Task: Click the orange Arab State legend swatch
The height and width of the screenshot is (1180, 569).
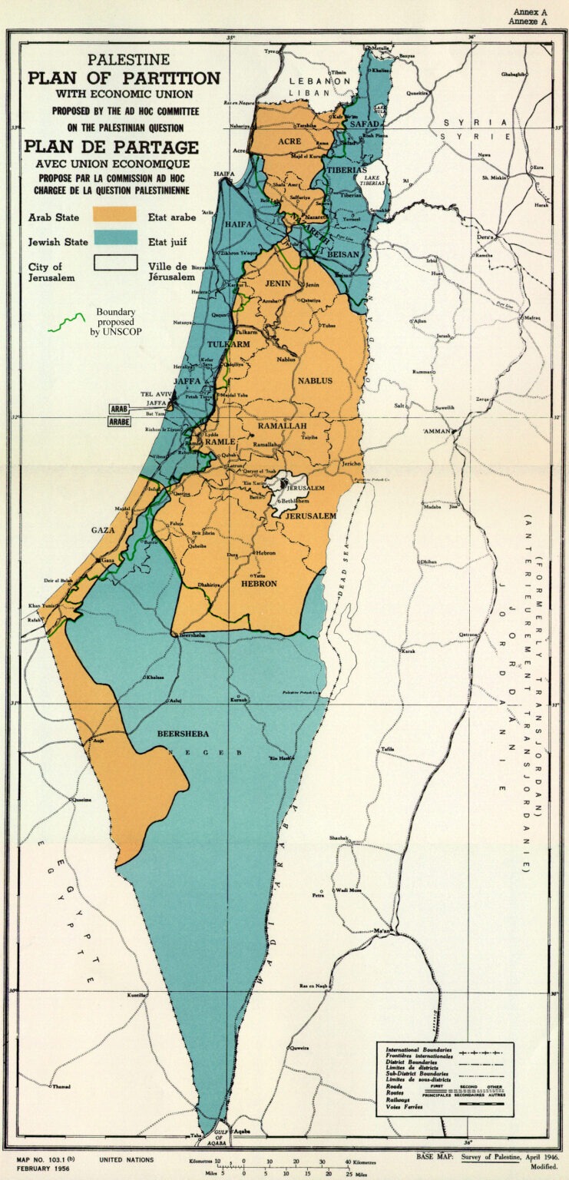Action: (x=114, y=214)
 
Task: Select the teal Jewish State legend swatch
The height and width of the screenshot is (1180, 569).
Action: (x=114, y=238)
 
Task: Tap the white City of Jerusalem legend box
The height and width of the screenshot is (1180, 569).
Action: (x=114, y=264)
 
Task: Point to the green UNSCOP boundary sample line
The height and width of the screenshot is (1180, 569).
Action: (x=66, y=322)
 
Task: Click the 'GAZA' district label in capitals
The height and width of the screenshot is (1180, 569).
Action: (x=103, y=530)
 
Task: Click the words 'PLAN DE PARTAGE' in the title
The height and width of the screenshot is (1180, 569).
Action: (x=111, y=147)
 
